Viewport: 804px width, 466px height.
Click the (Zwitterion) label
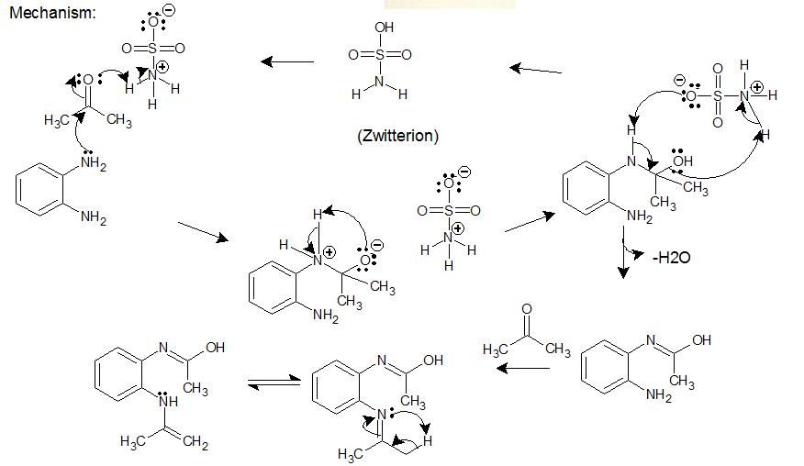(x=397, y=136)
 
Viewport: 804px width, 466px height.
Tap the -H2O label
(x=671, y=258)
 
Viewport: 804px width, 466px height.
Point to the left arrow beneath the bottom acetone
(x=522, y=369)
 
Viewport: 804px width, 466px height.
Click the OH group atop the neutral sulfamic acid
(x=383, y=28)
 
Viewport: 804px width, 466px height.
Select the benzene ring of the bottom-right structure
(x=606, y=364)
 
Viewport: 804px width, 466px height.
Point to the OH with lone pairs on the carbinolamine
(x=682, y=161)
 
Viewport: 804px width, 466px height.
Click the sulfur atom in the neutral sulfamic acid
(x=380, y=54)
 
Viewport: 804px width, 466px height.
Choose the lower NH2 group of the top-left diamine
(x=93, y=217)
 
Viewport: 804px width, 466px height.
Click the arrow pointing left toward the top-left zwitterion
(x=286, y=61)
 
